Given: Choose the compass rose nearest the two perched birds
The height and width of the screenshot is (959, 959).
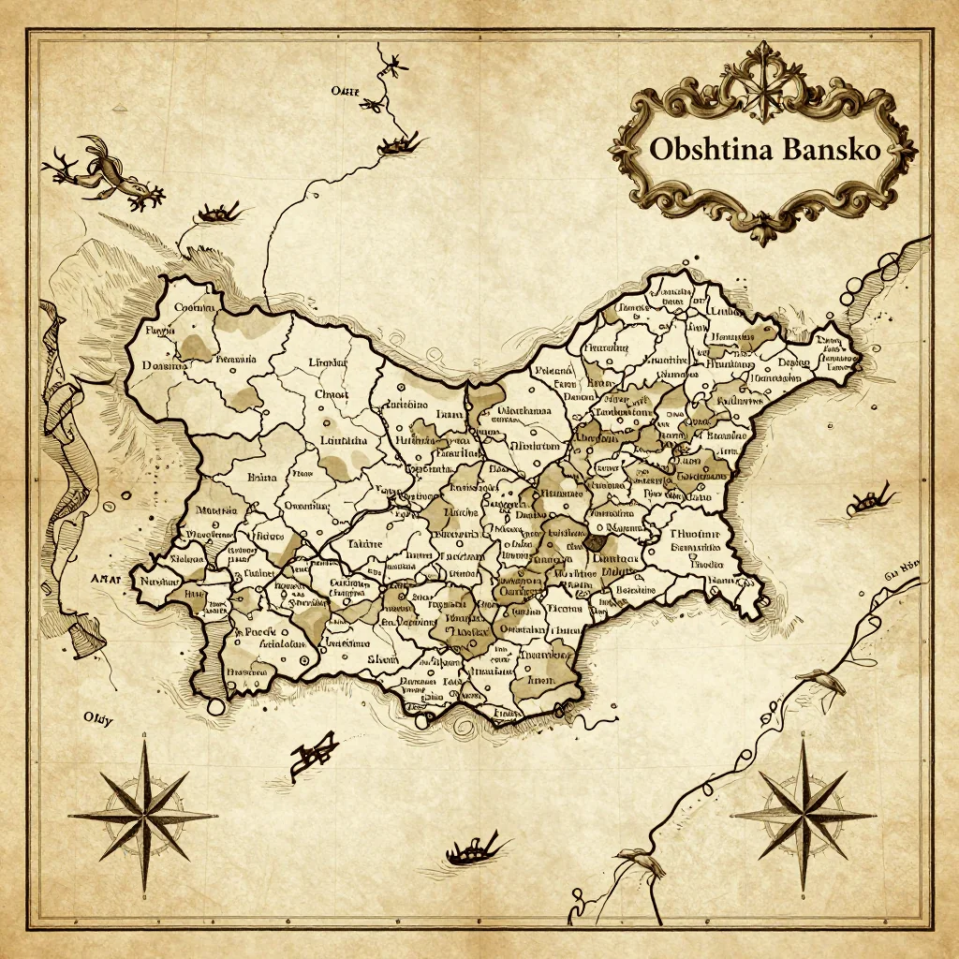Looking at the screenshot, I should [804, 813].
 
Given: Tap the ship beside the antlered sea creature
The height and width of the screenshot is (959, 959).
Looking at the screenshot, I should [217, 214].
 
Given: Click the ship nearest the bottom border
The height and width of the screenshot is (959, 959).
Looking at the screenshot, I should [473, 850].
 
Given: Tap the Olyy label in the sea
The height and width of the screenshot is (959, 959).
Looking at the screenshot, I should [97, 719].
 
